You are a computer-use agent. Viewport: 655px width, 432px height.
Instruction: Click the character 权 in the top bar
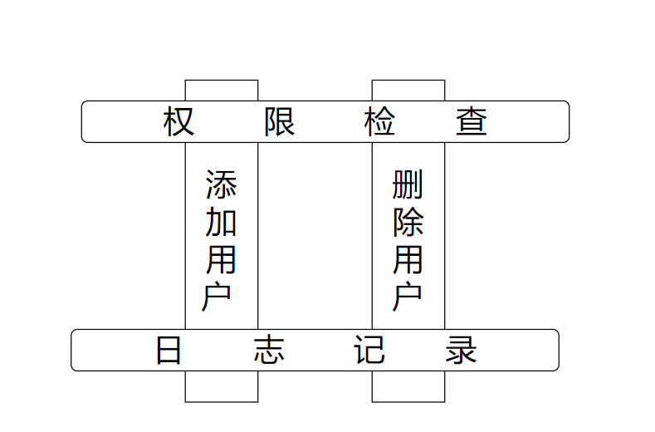pyautogui.click(x=179, y=122)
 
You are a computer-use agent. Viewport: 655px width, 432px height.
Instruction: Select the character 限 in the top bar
pyautogui.click(x=280, y=122)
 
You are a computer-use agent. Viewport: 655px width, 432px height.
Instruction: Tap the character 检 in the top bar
pyautogui.click(x=379, y=122)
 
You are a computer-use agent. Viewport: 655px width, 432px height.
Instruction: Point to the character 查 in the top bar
pyautogui.click(x=472, y=122)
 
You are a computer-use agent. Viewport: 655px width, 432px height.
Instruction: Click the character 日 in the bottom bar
pyautogui.click(x=169, y=351)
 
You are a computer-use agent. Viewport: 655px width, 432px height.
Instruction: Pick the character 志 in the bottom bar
pyautogui.click(x=269, y=351)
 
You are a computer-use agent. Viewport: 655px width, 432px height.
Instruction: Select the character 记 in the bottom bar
pyautogui.click(x=369, y=351)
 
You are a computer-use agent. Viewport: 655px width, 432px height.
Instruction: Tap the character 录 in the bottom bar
pyautogui.click(x=461, y=351)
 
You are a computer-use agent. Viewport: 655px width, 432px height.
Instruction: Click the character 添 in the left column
pyautogui.click(x=221, y=184)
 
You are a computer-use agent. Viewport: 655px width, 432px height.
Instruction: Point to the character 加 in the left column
pyautogui.click(x=221, y=222)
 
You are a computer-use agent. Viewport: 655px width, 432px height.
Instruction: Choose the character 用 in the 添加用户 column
pyautogui.click(x=221, y=259)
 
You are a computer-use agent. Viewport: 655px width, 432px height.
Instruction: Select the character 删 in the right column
pyautogui.click(x=408, y=184)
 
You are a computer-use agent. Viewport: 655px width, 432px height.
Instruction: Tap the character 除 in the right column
pyautogui.click(x=408, y=222)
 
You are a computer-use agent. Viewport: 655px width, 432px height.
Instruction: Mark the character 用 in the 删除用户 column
pyautogui.click(x=408, y=259)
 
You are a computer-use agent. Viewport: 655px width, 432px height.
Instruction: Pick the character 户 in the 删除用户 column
pyautogui.click(x=406, y=297)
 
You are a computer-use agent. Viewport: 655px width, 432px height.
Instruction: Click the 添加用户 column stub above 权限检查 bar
pyautogui.click(x=222, y=90)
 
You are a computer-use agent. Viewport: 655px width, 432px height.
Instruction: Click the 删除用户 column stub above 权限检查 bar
pyautogui.click(x=408, y=90)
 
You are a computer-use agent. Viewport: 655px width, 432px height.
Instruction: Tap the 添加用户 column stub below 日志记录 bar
pyautogui.click(x=222, y=386)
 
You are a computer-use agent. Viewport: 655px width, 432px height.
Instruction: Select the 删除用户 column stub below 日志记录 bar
pyautogui.click(x=408, y=386)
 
